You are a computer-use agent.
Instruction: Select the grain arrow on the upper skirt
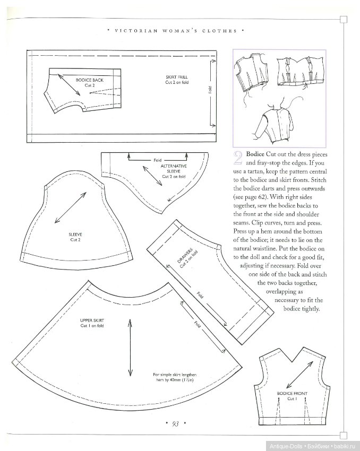pyautogui.click(x=130, y=345)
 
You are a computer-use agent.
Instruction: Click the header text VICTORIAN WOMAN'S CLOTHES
pyautogui.click(x=176, y=31)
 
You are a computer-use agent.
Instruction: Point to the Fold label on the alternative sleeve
pyautogui.click(x=157, y=159)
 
